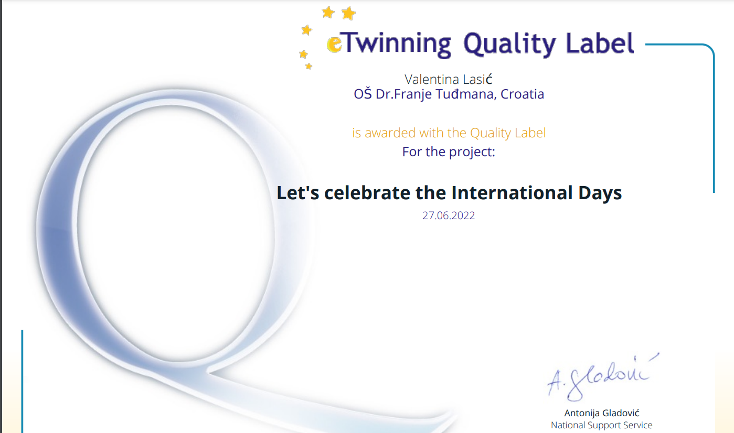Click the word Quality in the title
click(509, 45)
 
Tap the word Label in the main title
click(600, 43)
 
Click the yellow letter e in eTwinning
click(335, 44)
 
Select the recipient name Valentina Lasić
click(448, 79)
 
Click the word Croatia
click(523, 94)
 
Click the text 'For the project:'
click(448, 152)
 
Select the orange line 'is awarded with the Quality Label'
click(449, 133)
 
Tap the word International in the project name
click(512, 192)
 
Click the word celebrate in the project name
click(367, 192)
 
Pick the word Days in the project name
click(600, 193)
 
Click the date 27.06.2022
click(448, 215)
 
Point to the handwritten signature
click(602, 377)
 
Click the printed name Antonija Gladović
click(602, 413)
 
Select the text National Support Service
click(602, 425)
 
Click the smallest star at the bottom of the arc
click(309, 67)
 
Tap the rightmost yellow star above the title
click(349, 14)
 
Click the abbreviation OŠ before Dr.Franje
click(363, 94)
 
